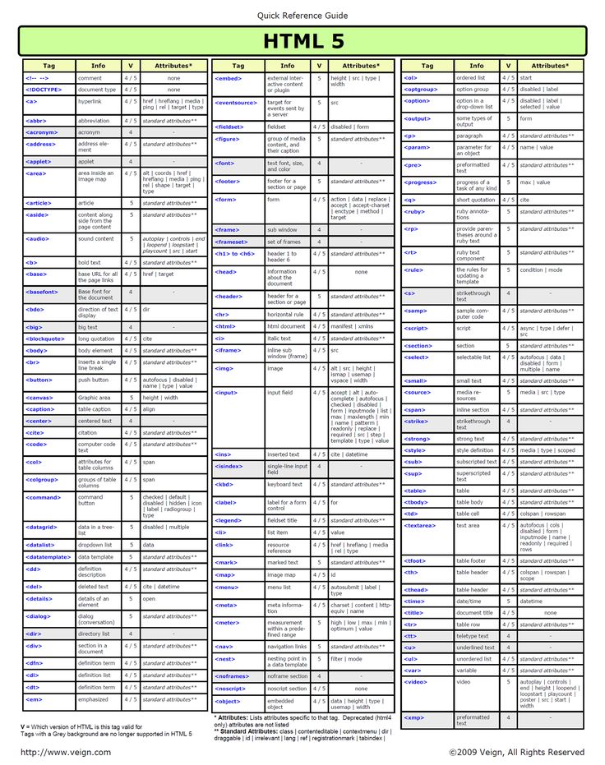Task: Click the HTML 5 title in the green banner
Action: click(302, 40)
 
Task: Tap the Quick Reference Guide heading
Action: click(302, 16)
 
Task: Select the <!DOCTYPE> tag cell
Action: click(44, 90)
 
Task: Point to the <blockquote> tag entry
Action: click(45, 338)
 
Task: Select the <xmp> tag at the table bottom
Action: click(414, 717)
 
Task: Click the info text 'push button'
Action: click(94, 380)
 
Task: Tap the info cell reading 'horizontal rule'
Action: click(285, 314)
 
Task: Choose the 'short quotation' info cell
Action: click(476, 200)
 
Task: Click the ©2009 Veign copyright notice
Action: click(516, 753)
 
